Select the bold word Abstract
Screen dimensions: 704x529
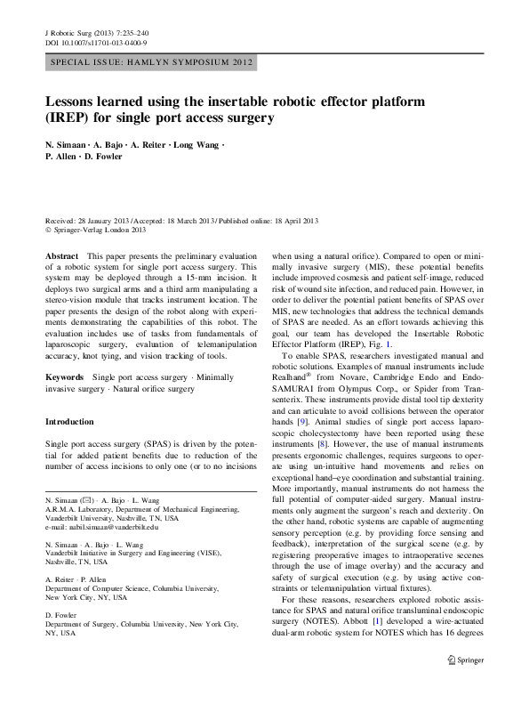click(x=61, y=255)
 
